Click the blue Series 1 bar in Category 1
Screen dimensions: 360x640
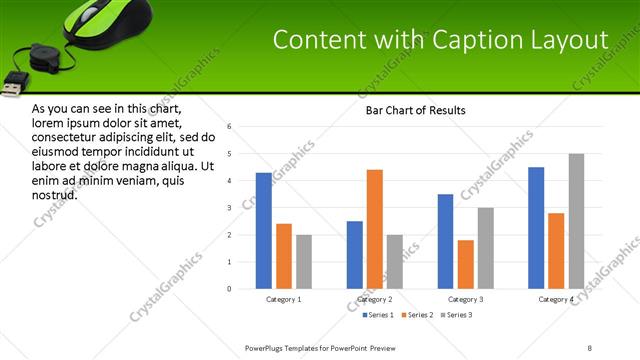[x=263, y=231]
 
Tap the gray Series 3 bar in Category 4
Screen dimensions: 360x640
[x=576, y=221]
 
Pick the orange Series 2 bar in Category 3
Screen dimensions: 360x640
[x=465, y=264]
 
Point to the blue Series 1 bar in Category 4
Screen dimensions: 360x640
[x=536, y=228]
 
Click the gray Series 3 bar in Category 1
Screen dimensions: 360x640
[x=303, y=262]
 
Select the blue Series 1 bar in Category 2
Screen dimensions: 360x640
[x=355, y=255]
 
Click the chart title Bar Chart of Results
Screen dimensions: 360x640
[x=410, y=110]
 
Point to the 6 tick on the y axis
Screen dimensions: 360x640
[x=230, y=127]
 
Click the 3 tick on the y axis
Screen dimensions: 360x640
[x=230, y=208]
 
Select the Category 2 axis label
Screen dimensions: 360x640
[x=375, y=299]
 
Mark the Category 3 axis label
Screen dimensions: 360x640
[x=465, y=299]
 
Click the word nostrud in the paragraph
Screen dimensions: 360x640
[x=54, y=194]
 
